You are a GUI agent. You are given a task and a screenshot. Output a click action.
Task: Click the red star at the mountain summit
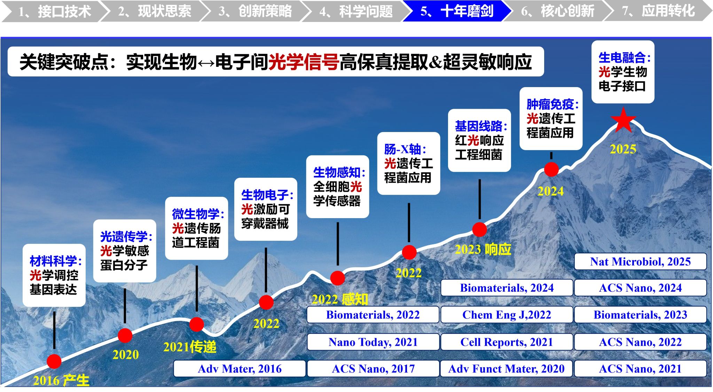tap(623, 121)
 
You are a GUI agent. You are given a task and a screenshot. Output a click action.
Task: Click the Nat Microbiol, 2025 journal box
tap(640, 261)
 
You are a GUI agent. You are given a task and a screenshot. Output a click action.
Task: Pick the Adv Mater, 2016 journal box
tap(240, 369)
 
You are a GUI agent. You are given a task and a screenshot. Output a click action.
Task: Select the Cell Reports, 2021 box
tap(507, 342)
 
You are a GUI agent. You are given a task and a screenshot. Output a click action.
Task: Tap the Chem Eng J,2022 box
tap(507, 315)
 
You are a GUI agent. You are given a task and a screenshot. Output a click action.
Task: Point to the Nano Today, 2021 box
tap(373, 342)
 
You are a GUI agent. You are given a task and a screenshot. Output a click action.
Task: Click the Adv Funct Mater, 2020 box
tap(507, 369)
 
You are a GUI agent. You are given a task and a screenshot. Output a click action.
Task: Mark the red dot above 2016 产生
tap(54, 361)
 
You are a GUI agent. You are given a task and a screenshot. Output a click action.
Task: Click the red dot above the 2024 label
tap(551, 169)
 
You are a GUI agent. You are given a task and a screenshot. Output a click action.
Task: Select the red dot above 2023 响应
tap(479, 230)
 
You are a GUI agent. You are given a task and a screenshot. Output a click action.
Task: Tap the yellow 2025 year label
tap(623, 149)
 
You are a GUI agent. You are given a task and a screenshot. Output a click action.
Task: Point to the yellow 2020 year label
tap(125, 355)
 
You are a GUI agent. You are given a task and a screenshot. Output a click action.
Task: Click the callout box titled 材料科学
tap(54, 275)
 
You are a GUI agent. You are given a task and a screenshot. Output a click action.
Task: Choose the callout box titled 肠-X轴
tap(409, 163)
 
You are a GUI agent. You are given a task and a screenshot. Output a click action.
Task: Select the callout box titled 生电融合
tap(623, 72)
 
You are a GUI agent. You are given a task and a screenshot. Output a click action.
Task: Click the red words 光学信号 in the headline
tap(304, 62)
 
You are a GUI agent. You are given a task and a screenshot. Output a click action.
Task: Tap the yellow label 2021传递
tap(190, 347)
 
